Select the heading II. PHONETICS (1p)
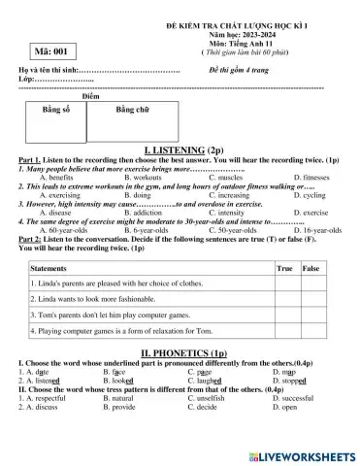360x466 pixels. (180, 353)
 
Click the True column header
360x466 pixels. (285, 267)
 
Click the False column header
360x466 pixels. (311, 267)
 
